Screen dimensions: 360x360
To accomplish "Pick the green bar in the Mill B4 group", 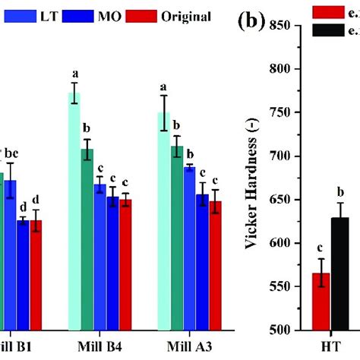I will point(88,239).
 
